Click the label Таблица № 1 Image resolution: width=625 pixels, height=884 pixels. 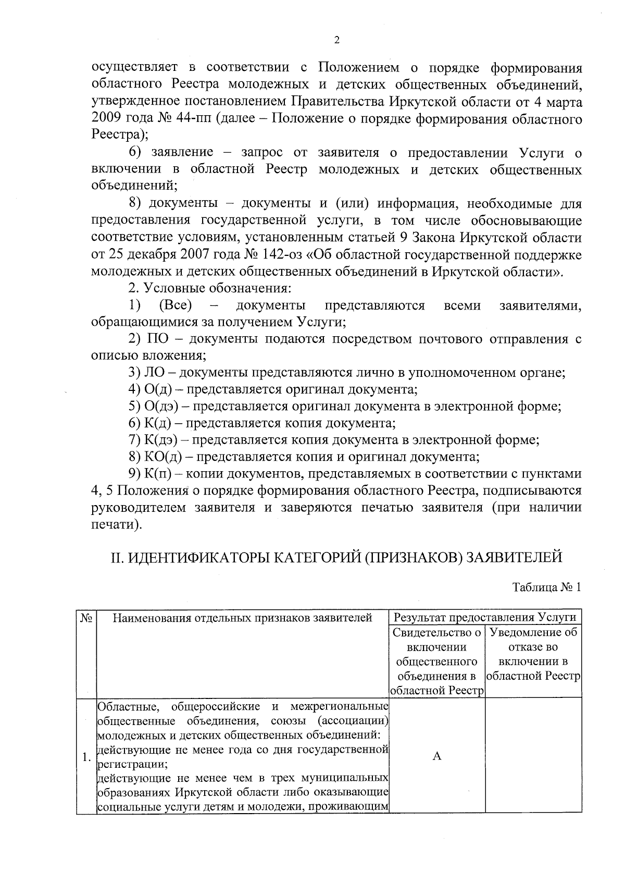[x=546, y=587]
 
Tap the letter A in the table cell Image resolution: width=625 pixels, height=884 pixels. [x=437, y=756]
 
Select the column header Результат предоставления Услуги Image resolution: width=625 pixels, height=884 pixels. [x=485, y=618]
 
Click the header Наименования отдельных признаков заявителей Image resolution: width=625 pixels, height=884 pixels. [x=243, y=618]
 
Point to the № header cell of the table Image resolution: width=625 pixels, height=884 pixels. [x=86, y=618]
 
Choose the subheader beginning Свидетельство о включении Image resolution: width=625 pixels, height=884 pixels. [x=436, y=661]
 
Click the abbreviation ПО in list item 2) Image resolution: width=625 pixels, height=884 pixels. [x=158, y=339]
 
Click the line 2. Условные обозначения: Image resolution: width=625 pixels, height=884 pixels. [x=209, y=288]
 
